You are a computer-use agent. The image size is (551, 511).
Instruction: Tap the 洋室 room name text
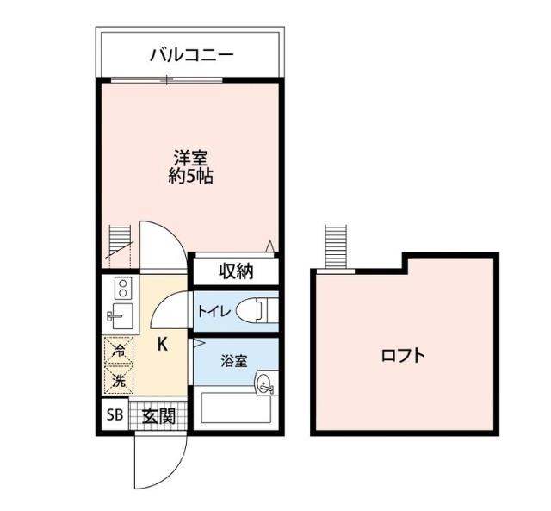[x=191, y=159]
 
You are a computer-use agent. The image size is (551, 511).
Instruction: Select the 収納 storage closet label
[x=235, y=271]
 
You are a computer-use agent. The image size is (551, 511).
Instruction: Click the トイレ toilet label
[x=214, y=312]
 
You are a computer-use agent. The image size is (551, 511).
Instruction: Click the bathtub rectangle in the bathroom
[x=234, y=408]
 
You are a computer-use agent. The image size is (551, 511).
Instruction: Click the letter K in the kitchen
[x=161, y=344]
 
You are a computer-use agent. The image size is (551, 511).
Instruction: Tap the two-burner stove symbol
[x=121, y=288]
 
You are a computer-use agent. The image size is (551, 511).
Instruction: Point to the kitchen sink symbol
[x=121, y=315]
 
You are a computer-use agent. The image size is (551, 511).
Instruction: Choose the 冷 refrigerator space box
[x=119, y=352]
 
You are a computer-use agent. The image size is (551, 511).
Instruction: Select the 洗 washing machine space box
[x=119, y=378]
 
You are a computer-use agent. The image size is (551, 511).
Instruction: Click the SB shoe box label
[x=115, y=416]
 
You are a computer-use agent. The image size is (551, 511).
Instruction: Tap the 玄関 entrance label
[x=158, y=416]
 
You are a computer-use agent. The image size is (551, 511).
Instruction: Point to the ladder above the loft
[x=334, y=247]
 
